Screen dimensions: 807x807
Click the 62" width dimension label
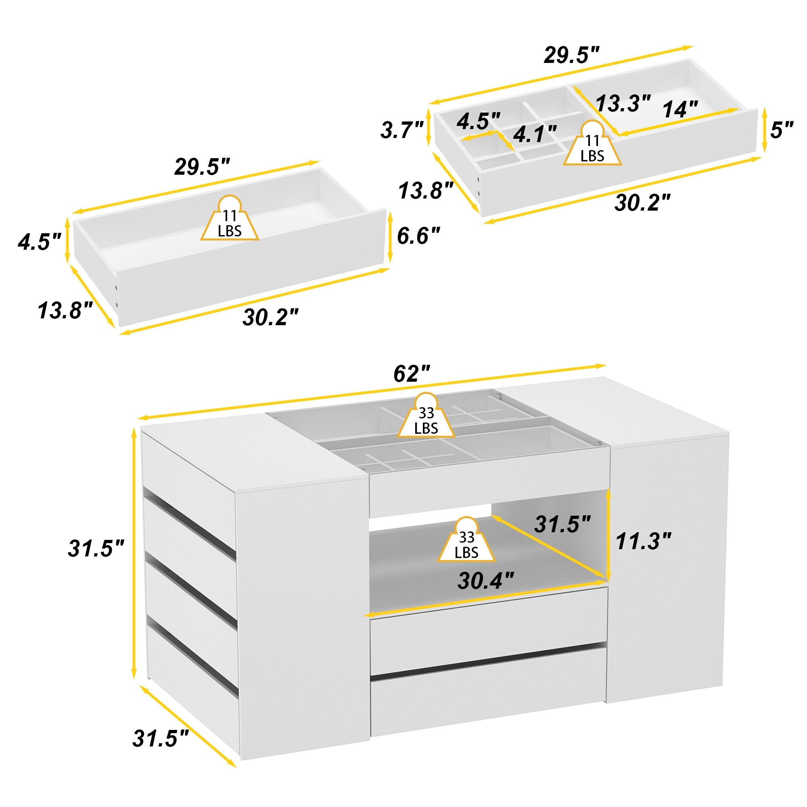pyautogui.click(x=412, y=373)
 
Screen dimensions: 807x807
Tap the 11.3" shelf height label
pyautogui.click(x=643, y=542)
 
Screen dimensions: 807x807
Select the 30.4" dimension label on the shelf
pyautogui.click(x=485, y=581)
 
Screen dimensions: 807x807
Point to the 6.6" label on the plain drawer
pyautogui.click(x=418, y=236)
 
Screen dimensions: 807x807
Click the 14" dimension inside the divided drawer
pyautogui.click(x=680, y=110)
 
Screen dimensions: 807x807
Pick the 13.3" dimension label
pyautogui.click(x=623, y=103)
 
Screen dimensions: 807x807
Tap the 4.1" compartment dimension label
pyautogui.click(x=534, y=134)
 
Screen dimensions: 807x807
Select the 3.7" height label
pyautogui.click(x=402, y=130)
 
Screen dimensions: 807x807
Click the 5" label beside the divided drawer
pyautogui.click(x=782, y=130)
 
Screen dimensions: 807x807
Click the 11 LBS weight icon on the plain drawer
pyautogui.click(x=230, y=219)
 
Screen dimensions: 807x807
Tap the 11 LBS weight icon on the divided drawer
pyautogui.click(x=592, y=144)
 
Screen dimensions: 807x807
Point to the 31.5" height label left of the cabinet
pyautogui.click(x=96, y=548)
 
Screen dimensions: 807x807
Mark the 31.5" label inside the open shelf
pyautogui.click(x=562, y=524)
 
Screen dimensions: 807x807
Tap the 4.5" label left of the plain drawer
pyautogui.click(x=39, y=242)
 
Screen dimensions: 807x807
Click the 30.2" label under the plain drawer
pyautogui.click(x=271, y=317)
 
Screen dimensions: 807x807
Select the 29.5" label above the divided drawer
pyautogui.click(x=571, y=55)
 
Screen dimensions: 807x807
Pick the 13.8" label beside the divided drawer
pyautogui.click(x=426, y=190)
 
